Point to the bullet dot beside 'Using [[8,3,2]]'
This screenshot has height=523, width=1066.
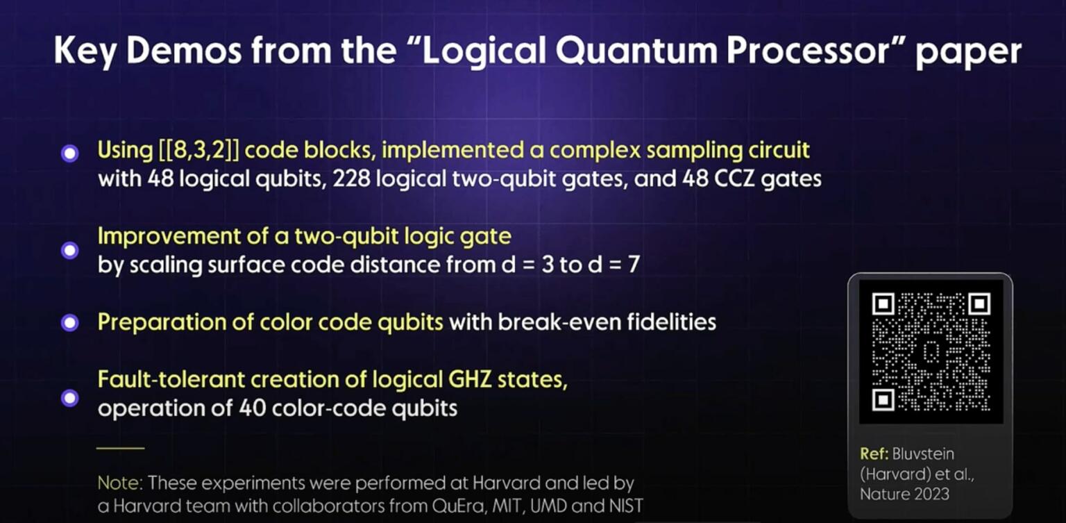click(69, 153)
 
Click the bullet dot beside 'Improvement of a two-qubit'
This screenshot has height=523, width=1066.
click(69, 250)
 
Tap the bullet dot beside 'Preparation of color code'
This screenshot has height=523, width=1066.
click(69, 323)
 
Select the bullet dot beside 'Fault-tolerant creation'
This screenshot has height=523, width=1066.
click(69, 397)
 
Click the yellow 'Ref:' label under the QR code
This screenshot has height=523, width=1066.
click(877, 454)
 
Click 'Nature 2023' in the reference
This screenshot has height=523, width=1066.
click(904, 494)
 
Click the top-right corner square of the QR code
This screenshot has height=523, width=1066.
click(979, 304)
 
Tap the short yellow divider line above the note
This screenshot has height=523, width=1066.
click(120, 448)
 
